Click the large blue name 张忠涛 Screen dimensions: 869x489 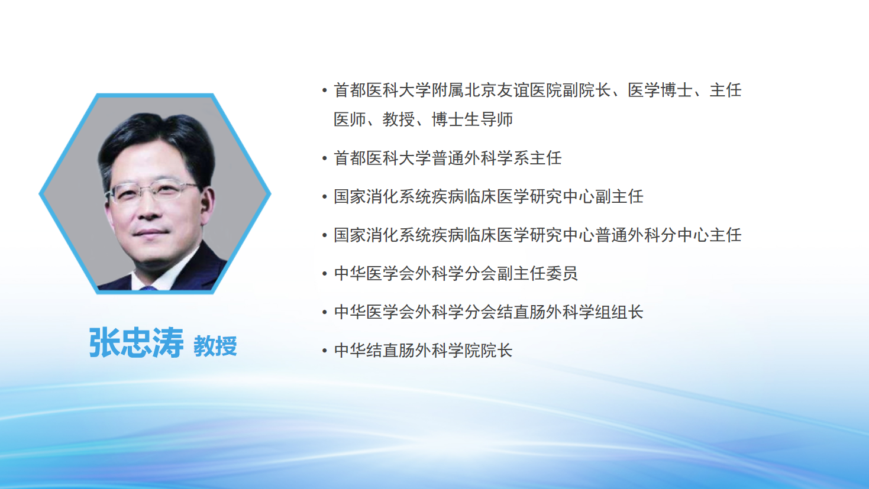point(136,342)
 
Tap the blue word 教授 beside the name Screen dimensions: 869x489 point(215,346)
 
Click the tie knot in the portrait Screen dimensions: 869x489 point(148,289)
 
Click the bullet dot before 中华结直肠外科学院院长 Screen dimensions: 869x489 point(325,351)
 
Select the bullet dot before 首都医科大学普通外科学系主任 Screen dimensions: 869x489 point(325,158)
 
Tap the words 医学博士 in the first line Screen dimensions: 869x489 point(660,90)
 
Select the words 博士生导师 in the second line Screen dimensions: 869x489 point(472,119)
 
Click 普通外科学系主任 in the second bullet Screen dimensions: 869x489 point(496,158)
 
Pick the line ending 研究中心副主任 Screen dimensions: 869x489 point(489,197)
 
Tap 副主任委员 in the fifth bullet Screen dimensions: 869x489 point(537,273)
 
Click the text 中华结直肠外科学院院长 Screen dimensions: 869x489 point(423,351)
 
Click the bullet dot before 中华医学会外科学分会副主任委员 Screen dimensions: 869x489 point(325,273)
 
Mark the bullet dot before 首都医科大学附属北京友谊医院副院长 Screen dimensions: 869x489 point(325,90)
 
